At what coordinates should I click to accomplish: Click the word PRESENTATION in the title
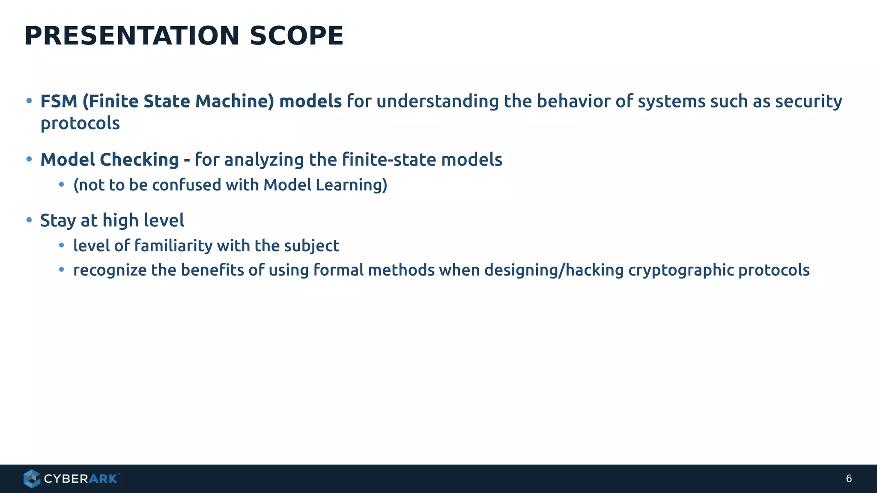132,36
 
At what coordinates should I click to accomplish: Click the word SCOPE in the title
296,36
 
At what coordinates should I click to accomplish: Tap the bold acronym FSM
59,101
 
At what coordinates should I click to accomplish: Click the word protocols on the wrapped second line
80,124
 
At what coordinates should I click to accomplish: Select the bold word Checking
139,160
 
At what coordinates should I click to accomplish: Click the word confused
186,185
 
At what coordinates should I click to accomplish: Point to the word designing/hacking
554,270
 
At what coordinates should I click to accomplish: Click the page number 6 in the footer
849,479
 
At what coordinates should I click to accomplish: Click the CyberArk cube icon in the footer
32,478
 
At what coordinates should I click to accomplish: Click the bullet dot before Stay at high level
29,220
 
